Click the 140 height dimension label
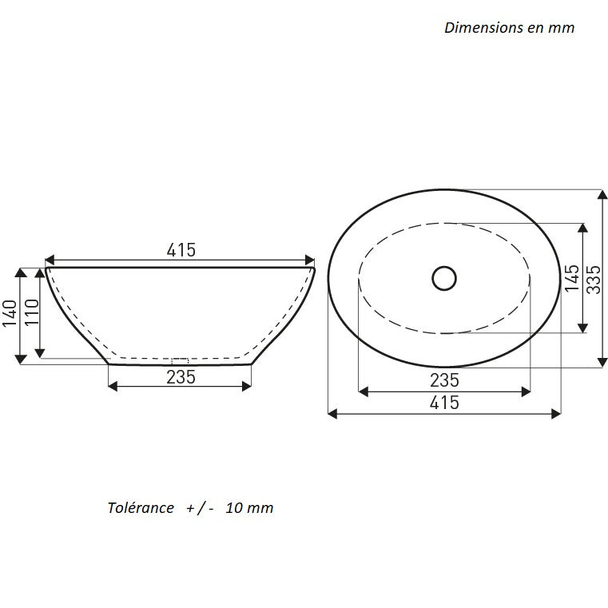point(10,313)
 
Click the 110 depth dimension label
point(32,312)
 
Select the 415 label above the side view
point(181,250)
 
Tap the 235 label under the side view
point(181,377)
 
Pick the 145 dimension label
point(572,278)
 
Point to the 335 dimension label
point(594,280)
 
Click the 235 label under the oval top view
point(444,380)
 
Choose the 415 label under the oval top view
point(444,403)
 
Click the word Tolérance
point(141,507)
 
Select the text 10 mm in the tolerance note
point(249,507)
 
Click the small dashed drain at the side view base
point(180,360)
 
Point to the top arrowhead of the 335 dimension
point(602,195)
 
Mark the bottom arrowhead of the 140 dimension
point(21,359)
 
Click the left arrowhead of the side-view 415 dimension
point(50,260)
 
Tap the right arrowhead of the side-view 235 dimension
point(246,386)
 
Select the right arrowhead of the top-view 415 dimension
point(555,414)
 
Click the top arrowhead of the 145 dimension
point(582,228)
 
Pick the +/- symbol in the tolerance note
point(200,508)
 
